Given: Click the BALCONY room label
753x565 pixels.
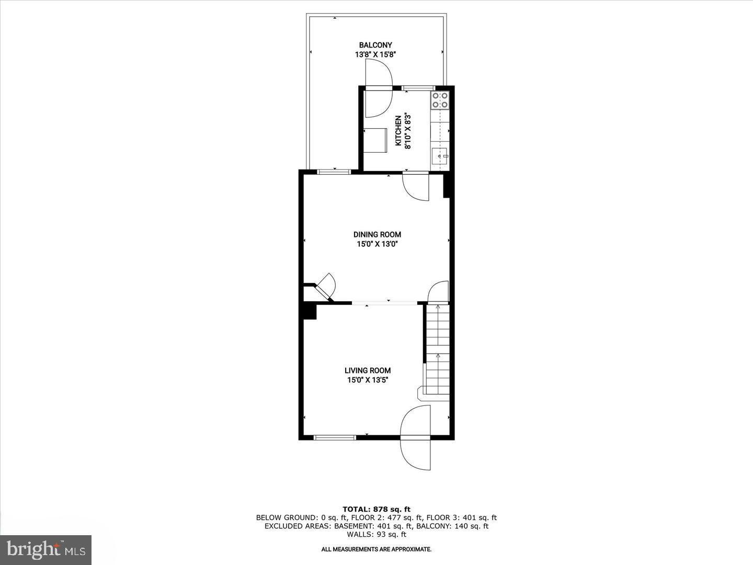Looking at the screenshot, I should (x=375, y=45).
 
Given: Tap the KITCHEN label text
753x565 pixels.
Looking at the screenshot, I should (x=398, y=131).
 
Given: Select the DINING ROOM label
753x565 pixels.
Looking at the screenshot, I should (x=377, y=234).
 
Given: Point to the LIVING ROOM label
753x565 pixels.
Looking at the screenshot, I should (x=368, y=370).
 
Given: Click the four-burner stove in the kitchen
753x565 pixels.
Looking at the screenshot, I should (x=440, y=100).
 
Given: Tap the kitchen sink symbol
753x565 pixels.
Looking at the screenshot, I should (x=440, y=155).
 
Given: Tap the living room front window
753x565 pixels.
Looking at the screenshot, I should (x=334, y=437).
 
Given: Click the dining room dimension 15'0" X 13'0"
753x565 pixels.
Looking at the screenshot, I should (x=376, y=244).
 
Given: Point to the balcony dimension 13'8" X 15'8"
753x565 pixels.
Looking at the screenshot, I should (x=375, y=54).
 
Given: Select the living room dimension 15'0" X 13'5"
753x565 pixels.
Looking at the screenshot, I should (x=368, y=380).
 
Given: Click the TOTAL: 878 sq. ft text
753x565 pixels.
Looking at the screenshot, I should (x=376, y=509).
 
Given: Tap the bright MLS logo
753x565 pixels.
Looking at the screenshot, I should (x=46, y=549).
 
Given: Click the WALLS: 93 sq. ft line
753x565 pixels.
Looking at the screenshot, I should (x=376, y=534).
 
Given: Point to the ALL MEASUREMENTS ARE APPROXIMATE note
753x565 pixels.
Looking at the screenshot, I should (x=376, y=549).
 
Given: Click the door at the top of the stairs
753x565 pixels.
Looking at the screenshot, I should (x=438, y=292).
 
